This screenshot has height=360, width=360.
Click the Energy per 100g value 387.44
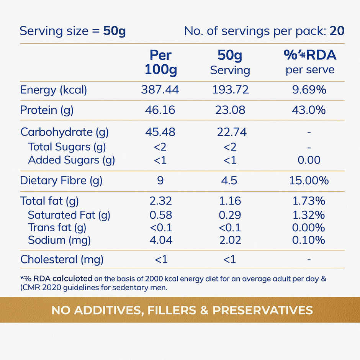(160, 90)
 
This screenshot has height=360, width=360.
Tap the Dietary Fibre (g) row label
(61, 180)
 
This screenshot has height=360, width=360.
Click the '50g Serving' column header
(230, 62)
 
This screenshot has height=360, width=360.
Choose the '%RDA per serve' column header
(310, 62)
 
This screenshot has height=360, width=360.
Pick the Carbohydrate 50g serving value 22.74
(230, 132)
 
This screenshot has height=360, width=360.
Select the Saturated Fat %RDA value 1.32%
(308, 215)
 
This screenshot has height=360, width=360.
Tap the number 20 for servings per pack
(337, 31)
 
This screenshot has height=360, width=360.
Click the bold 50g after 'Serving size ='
(114, 31)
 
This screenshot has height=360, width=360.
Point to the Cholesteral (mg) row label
(62, 260)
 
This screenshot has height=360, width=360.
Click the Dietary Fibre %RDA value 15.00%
(309, 180)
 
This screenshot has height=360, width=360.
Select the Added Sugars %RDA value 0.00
(309, 160)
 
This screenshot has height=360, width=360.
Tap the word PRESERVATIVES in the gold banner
(263, 310)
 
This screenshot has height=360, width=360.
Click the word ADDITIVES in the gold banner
(106, 310)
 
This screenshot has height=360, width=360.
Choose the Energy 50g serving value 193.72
(230, 90)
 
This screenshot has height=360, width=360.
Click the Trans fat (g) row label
(57, 227)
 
